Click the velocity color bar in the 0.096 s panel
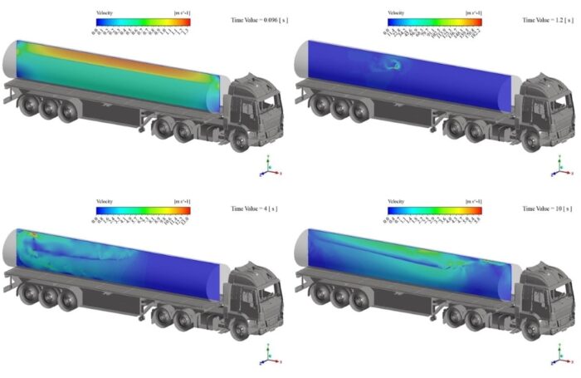tap(144, 22)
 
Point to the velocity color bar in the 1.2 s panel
tap(434, 22)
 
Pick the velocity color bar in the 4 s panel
tap(144, 211)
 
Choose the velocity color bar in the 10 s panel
tap(434, 211)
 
